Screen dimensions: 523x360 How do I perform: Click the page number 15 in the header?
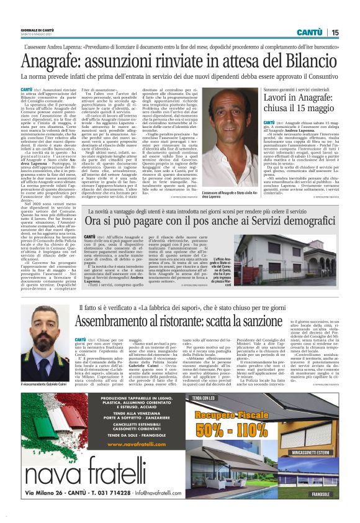click(335, 32)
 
